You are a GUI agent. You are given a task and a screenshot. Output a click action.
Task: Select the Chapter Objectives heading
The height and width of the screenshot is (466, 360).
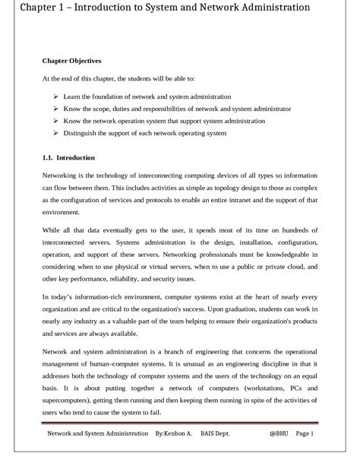coord(71,60)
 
